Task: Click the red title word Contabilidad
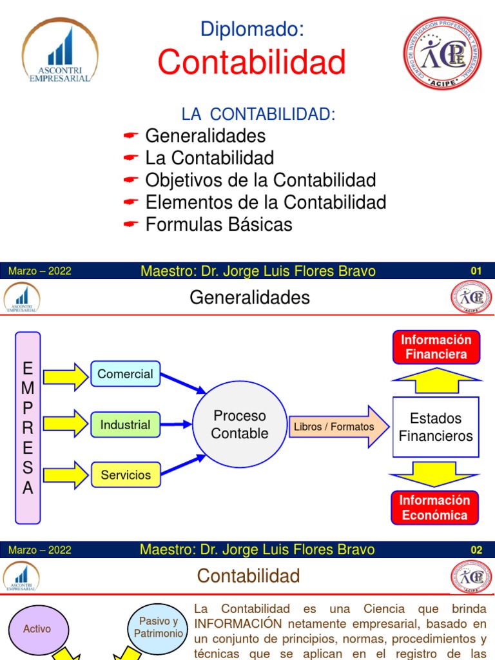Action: pyautogui.click(x=251, y=63)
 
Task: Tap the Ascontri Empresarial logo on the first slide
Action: pyautogui.click(x=60, y=51)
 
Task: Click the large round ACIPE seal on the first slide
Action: pyautogui.click(x=442, y=53)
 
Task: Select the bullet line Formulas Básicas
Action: pyautogui.click(x=218, y=224)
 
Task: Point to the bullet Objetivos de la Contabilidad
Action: pyautogui.click(x=260, y=180)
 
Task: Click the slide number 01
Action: pyautogui.click(x=476, y=271)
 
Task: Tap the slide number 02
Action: pyautogui.click(x=476, y=550)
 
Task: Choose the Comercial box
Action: pyautogui.click(x=125, y=374)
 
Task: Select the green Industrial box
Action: pyautogui.click(x=125, y=425)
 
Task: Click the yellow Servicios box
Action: pyautogui.click(x=125, y=475)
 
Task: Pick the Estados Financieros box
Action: pyautogui.click(x=436, y=427)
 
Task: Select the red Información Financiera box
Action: pyautogui.click(x=436, y=347)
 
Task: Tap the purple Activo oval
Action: pyautogui.click(x=37, y=628)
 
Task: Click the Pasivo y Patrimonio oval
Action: pyautogui.click(x=159, y=627)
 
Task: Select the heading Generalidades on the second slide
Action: pyautogui.click(x=249, y=297)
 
